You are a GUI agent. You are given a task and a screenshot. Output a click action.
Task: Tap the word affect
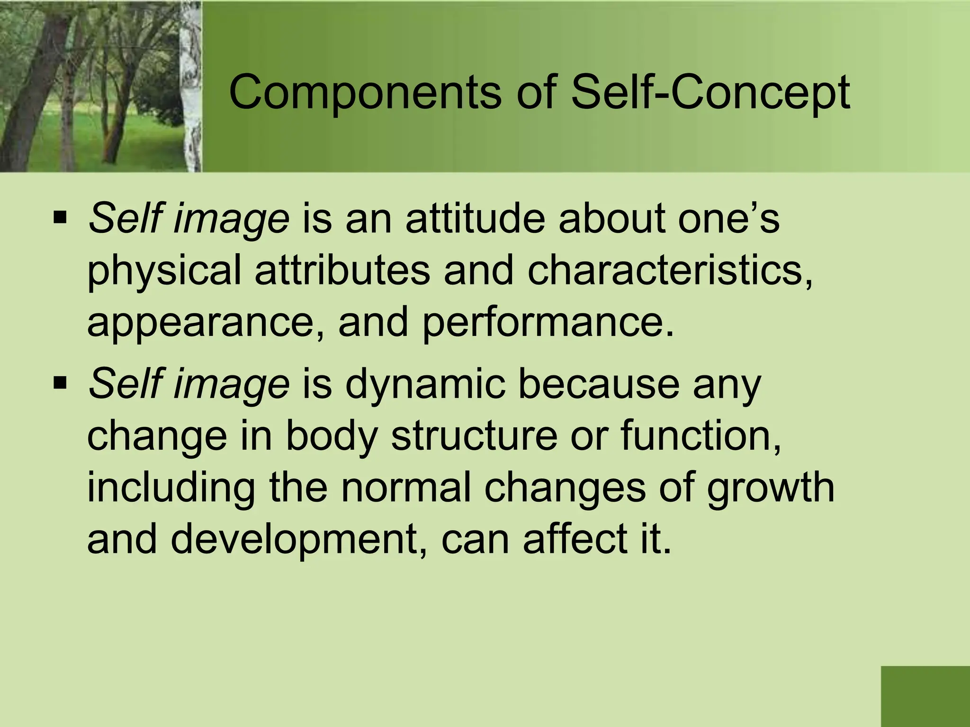pos(569,540)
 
